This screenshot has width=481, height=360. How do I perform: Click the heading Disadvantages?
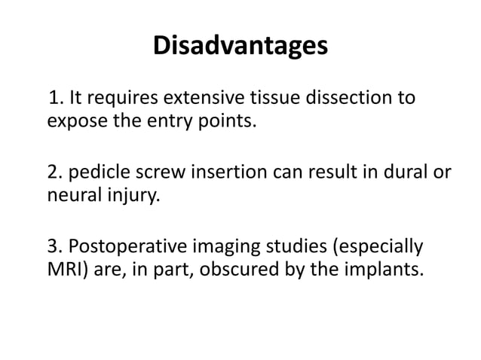pos(240,46)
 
